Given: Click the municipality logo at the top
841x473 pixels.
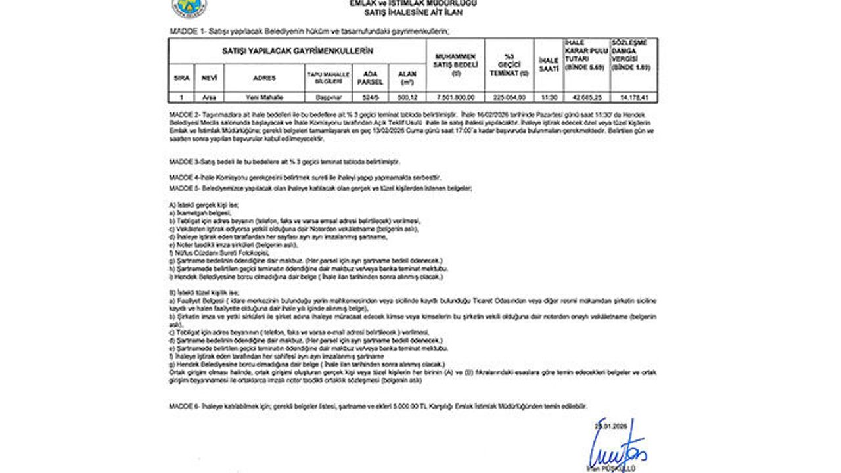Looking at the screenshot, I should click(189, 7).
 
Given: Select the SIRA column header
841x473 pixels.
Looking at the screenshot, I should click(181, 78).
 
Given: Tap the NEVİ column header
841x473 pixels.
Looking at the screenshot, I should click(209, 78).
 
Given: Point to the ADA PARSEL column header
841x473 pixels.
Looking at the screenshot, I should click(370, 78).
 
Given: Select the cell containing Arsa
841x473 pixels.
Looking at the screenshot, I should click(209, 97).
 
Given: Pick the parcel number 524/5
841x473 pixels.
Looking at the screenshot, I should click(370, 97).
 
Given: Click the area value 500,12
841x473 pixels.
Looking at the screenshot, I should click(407, 97).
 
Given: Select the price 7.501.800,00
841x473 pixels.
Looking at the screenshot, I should click(455, 97).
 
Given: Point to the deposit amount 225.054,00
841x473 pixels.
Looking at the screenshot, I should click(509, 97).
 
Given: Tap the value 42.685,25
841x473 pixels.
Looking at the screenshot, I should click(587, 97).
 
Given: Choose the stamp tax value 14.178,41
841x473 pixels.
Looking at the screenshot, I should click(633, 97).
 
